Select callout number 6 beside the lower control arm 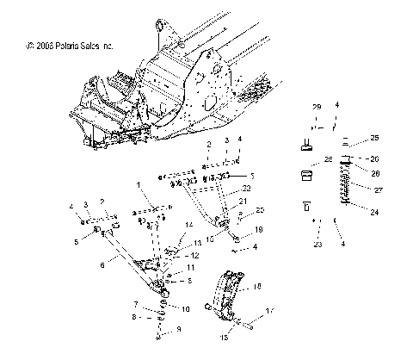tap(104, 267)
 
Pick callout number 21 tap(243, 201)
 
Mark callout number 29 tap(316, 105)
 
